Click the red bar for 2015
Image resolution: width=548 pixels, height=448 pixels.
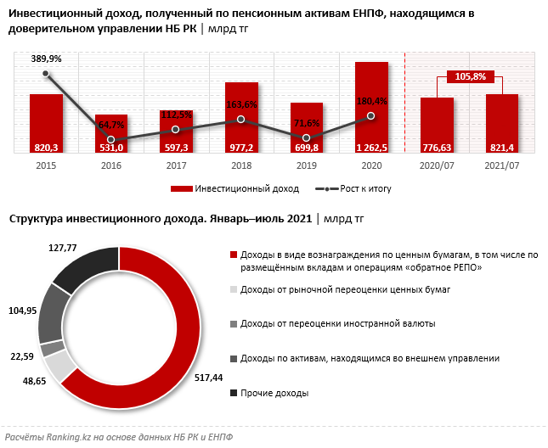46,124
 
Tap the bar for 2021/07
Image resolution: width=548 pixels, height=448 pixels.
501,124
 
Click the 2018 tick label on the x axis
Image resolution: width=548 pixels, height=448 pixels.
241,166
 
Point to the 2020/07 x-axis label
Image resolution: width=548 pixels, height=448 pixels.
437,166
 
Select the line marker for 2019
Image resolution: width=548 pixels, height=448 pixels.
306,137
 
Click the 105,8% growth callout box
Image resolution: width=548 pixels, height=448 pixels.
470,76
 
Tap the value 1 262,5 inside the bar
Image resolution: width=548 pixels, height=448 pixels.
371,148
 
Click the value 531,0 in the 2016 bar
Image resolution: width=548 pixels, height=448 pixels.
111,148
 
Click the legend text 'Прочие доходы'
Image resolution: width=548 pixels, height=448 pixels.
274,394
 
